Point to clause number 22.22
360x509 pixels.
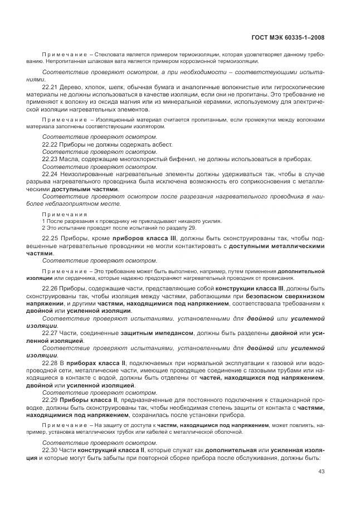(x=50, y=143)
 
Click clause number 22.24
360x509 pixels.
(x=50, y=174)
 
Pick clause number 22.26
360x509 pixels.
(x=50, y=288)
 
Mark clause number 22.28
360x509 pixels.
(x=50, y=362)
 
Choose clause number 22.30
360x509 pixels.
(x=50, y=449)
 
